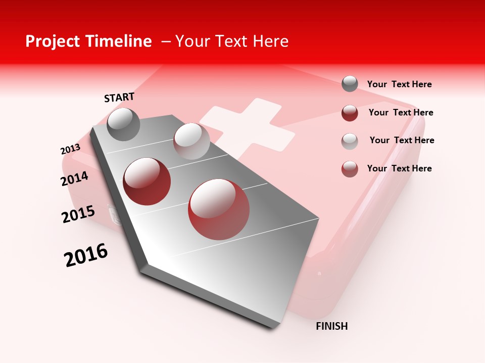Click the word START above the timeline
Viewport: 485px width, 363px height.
pyautogui.click(x=119, y=97)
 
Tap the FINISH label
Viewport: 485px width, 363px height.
pyautogui.click(x=331, y=326)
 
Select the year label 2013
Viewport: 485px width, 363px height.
pyautogui.click(x=70, y=149)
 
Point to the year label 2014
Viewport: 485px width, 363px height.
pyautogui.click(x=74, y=178)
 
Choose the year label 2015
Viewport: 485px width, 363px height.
pyautogui.click(x=78, y=214)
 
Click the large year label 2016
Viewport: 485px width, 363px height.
pyautogui.click(x=86, y=255)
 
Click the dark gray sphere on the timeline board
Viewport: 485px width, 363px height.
pyautogui.click(x=124, y=124)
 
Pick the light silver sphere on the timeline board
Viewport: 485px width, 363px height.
pyautogui.click(x=191, y=141)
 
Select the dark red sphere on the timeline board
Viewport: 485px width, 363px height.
pyautogui.click(x=147, y=181)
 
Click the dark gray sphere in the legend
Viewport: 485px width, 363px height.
pyautogui.click(x=350, y=84)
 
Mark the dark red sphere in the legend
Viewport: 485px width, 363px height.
pyautogui.click(x=350, y=112)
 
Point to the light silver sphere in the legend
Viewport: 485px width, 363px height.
pyautogui.click(x=350, y=141)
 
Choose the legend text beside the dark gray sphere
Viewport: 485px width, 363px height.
pyautogui.click(x=399, y=84)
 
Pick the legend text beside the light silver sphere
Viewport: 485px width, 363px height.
pyautogui.click(x=402, y=140)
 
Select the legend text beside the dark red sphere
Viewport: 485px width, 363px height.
pyautogui.click(x=401, y=112)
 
